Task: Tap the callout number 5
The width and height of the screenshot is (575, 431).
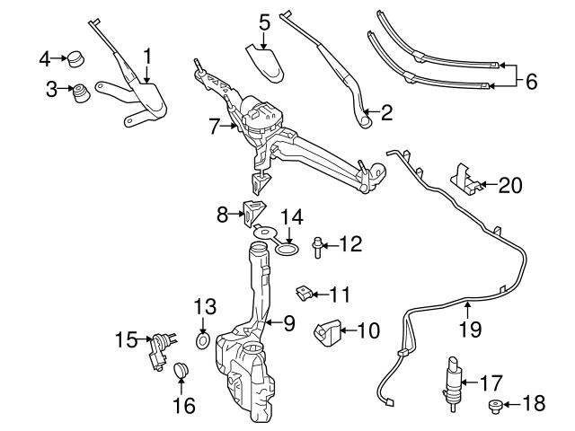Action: tap(264, 19)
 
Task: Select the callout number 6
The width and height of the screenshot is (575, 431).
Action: tap(531, 82)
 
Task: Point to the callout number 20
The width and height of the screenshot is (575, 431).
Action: tap(509, 186)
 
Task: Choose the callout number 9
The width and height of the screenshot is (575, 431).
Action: tap(289, 321)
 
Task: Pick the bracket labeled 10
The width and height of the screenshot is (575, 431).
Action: tap(327, 333)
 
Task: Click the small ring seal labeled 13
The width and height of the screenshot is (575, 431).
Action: tap(203, 342)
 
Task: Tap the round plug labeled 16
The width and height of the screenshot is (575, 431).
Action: tap(181, 369)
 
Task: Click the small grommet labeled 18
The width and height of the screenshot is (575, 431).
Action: tap(495, 406)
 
